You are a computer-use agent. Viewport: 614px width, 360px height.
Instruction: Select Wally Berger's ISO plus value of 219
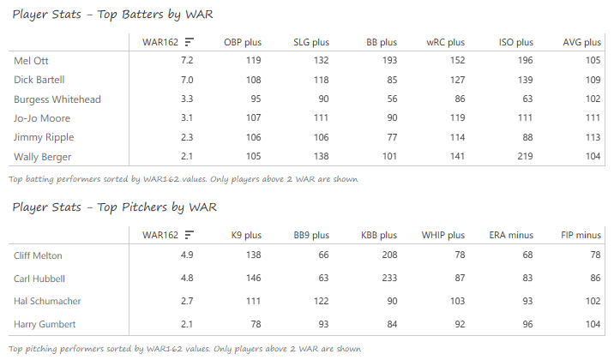tap(523, 157)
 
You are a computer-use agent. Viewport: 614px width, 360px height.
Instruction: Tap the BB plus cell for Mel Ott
tap(388, 60)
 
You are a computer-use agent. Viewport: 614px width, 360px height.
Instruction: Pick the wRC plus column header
tap(445, 41)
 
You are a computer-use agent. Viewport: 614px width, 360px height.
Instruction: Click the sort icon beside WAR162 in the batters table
tap(189, 41)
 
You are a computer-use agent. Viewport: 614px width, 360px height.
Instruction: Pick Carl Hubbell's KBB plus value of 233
tap(388, 279)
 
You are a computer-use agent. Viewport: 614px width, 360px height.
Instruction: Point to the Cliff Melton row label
tap(38, 255)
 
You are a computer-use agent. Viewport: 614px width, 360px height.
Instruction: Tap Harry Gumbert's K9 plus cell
tap(255, 324)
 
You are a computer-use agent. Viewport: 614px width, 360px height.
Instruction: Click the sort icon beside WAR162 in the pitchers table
tap(189, 234)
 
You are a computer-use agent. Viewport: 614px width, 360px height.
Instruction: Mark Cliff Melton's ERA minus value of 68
tap(526, 255)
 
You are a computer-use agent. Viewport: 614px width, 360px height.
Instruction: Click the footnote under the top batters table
tap(183, 179)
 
